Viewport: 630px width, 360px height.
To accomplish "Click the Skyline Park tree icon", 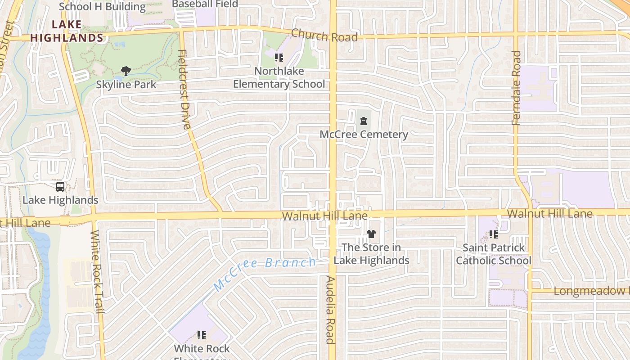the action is [x=126, y=71].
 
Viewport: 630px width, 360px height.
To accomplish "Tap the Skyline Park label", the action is [x=126, y=84].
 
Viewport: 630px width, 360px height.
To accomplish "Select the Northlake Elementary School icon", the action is [x=279, y=58].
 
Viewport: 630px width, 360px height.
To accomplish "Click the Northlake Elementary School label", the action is [x=279, y=77].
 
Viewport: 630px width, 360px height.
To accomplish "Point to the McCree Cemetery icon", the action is [x=364, y=121].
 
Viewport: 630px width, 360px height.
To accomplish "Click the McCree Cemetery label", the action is [x=364, y=134].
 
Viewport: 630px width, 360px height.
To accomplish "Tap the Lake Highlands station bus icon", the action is [x=60, y=186].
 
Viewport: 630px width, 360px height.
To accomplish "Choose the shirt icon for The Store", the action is [x=371, y=234].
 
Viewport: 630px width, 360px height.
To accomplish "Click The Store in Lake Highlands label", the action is [x=371, y=254].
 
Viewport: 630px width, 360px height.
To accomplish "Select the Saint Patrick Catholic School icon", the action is [x=494, y=234].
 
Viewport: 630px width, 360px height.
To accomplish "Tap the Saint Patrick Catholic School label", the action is [x=494, y=254].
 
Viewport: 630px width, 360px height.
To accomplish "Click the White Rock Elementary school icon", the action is [x=202, y=335].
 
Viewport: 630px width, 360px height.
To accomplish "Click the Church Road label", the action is [x=324, y=35].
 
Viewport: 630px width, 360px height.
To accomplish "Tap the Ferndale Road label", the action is [x=516, y=88].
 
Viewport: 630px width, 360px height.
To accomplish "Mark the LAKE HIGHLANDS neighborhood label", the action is [x=67, y=31].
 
